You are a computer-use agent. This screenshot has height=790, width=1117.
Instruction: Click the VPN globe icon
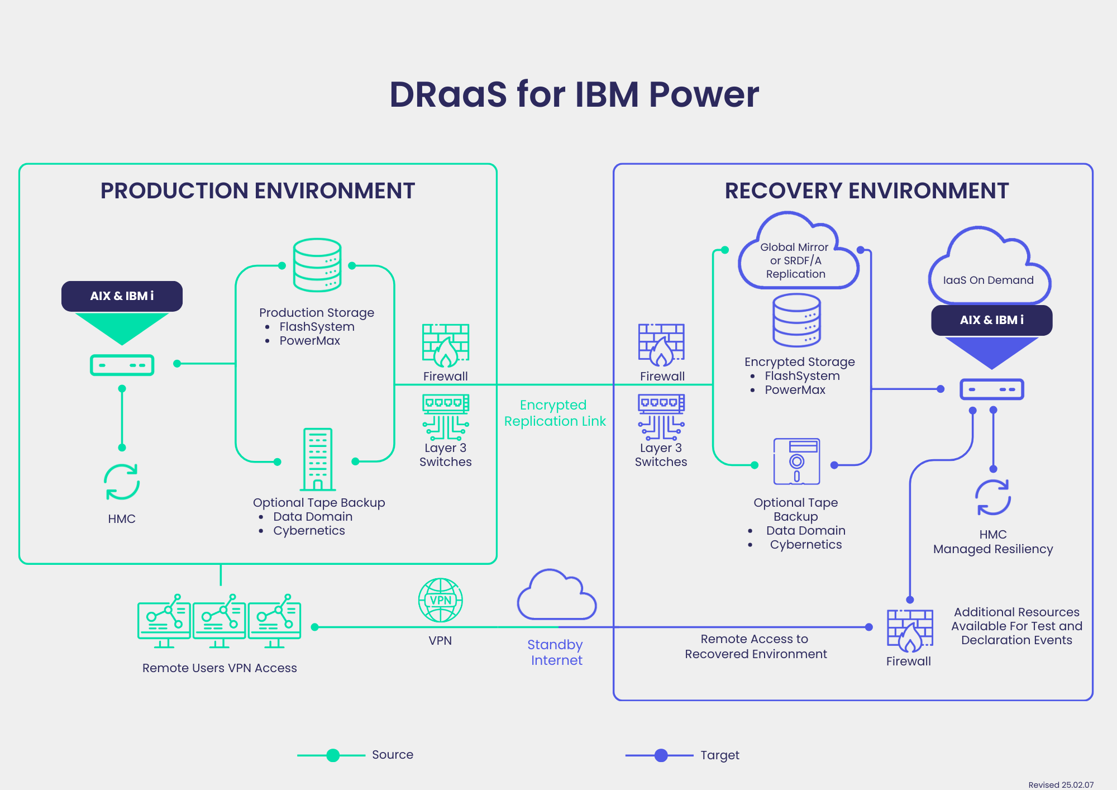coord(441,600)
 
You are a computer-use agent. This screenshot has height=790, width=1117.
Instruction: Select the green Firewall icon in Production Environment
coord(446,345)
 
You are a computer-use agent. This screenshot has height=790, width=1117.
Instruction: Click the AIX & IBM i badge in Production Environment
coord(122,296)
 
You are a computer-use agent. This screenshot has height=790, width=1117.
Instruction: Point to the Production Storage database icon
coord(317,265)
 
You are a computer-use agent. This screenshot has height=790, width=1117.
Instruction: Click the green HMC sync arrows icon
coord(122,482)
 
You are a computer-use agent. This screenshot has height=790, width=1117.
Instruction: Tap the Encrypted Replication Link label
coord(555,413)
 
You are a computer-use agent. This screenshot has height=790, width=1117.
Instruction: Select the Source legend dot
coord(333,755)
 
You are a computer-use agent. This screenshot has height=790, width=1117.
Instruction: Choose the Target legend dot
coord(661,755)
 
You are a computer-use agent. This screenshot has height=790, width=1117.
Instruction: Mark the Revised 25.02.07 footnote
coord(1061,784)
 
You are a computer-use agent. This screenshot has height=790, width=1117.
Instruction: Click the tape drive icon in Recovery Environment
coord(797,461)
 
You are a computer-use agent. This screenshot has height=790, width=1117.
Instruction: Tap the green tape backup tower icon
coord(318,459)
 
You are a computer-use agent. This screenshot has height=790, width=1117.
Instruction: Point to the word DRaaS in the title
coord(448,94)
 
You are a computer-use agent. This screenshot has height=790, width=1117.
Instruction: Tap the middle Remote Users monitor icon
coord(219,621)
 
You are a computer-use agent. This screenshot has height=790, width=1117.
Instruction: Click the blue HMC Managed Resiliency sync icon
coord(993,497)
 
